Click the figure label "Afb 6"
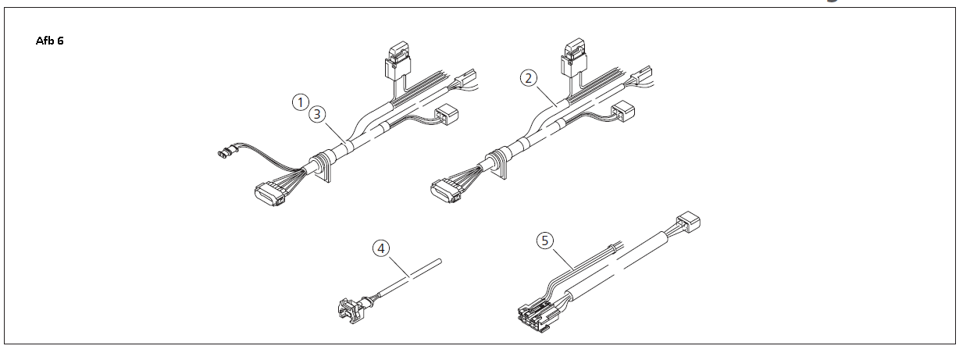click(x=49, y=41)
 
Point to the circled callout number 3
click(x=316, y=114)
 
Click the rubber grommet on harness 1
click(x=320, y=166)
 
